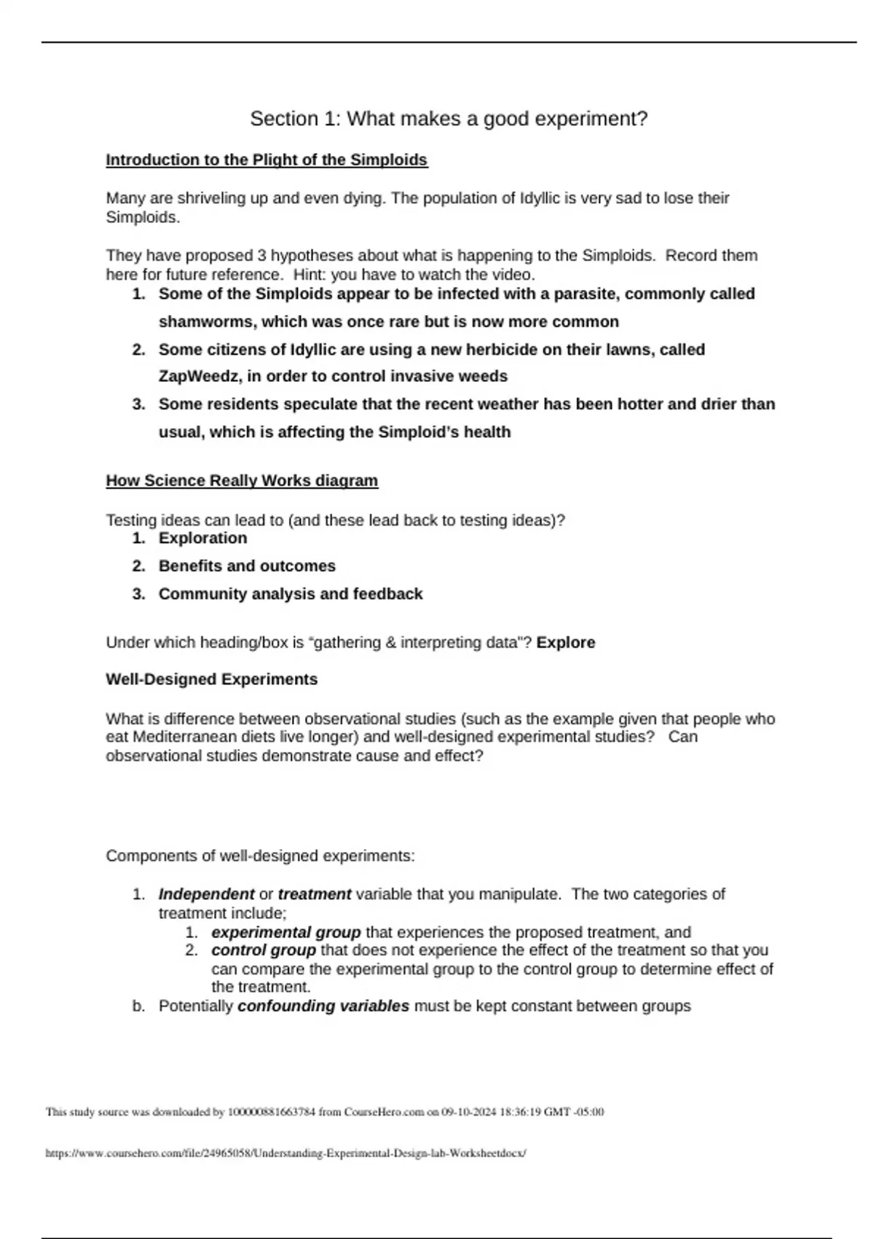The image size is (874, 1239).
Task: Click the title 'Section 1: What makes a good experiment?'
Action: tap(449, 119)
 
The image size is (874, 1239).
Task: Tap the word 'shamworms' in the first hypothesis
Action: tap(207, 321)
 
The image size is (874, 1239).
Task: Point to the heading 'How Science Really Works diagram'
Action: tap(242, 481)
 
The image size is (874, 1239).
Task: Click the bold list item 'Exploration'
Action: tap(202, 538)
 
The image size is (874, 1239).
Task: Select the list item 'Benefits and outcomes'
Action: tap(247, 566)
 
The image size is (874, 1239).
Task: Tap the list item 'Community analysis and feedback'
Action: tap(290, 594)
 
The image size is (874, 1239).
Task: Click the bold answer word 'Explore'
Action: tap(566, 643)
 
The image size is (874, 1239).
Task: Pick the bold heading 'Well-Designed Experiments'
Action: tap(212, 679)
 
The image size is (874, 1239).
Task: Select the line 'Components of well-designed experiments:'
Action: tap(260, 856)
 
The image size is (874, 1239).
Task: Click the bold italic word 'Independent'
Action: tap(206, 894)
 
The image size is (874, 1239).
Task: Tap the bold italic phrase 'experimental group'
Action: tap(286, 932)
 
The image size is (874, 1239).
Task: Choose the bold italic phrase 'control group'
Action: tap(264, 950)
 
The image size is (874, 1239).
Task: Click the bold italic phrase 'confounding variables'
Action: tap(323, 1007)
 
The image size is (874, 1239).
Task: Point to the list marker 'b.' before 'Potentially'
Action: tap(138, 1007)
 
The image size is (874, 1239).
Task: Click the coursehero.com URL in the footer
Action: tap(286, 1154)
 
